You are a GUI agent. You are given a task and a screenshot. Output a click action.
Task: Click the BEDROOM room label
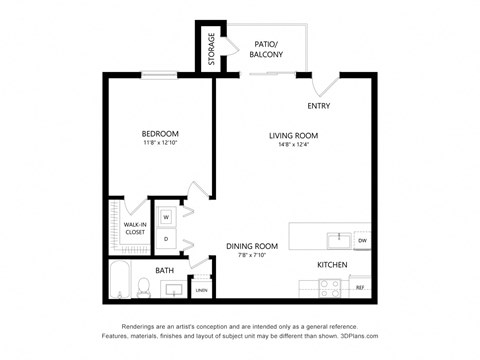[160, 134]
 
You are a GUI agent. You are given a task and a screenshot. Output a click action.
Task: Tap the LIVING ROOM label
[292, 135]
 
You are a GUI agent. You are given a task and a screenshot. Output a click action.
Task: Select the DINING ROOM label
[251, 245]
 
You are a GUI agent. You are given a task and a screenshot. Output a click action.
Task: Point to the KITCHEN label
[331, 264]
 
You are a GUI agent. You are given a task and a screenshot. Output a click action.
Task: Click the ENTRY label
[319, 106]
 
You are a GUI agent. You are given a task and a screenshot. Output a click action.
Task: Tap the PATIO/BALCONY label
[265, 51]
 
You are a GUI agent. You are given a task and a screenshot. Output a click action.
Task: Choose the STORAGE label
[212, 49]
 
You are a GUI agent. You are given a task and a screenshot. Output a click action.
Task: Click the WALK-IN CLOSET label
[135, 228]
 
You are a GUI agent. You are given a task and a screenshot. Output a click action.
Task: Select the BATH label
[165, 269]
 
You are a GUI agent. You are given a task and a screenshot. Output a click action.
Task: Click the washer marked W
[166, 217]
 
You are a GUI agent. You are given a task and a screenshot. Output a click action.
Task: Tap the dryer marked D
[166, 239]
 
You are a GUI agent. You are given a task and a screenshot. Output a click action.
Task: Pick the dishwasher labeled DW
[362, 240]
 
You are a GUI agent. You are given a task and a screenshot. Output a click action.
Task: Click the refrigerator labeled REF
[360, 287]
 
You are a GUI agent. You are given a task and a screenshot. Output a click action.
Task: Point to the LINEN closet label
[201, 290]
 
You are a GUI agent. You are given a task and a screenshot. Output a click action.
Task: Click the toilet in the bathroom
[145, 288]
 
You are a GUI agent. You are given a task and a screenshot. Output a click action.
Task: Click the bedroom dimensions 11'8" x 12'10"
[160, 145]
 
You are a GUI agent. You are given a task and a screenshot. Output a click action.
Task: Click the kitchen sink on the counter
[339, 239]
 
